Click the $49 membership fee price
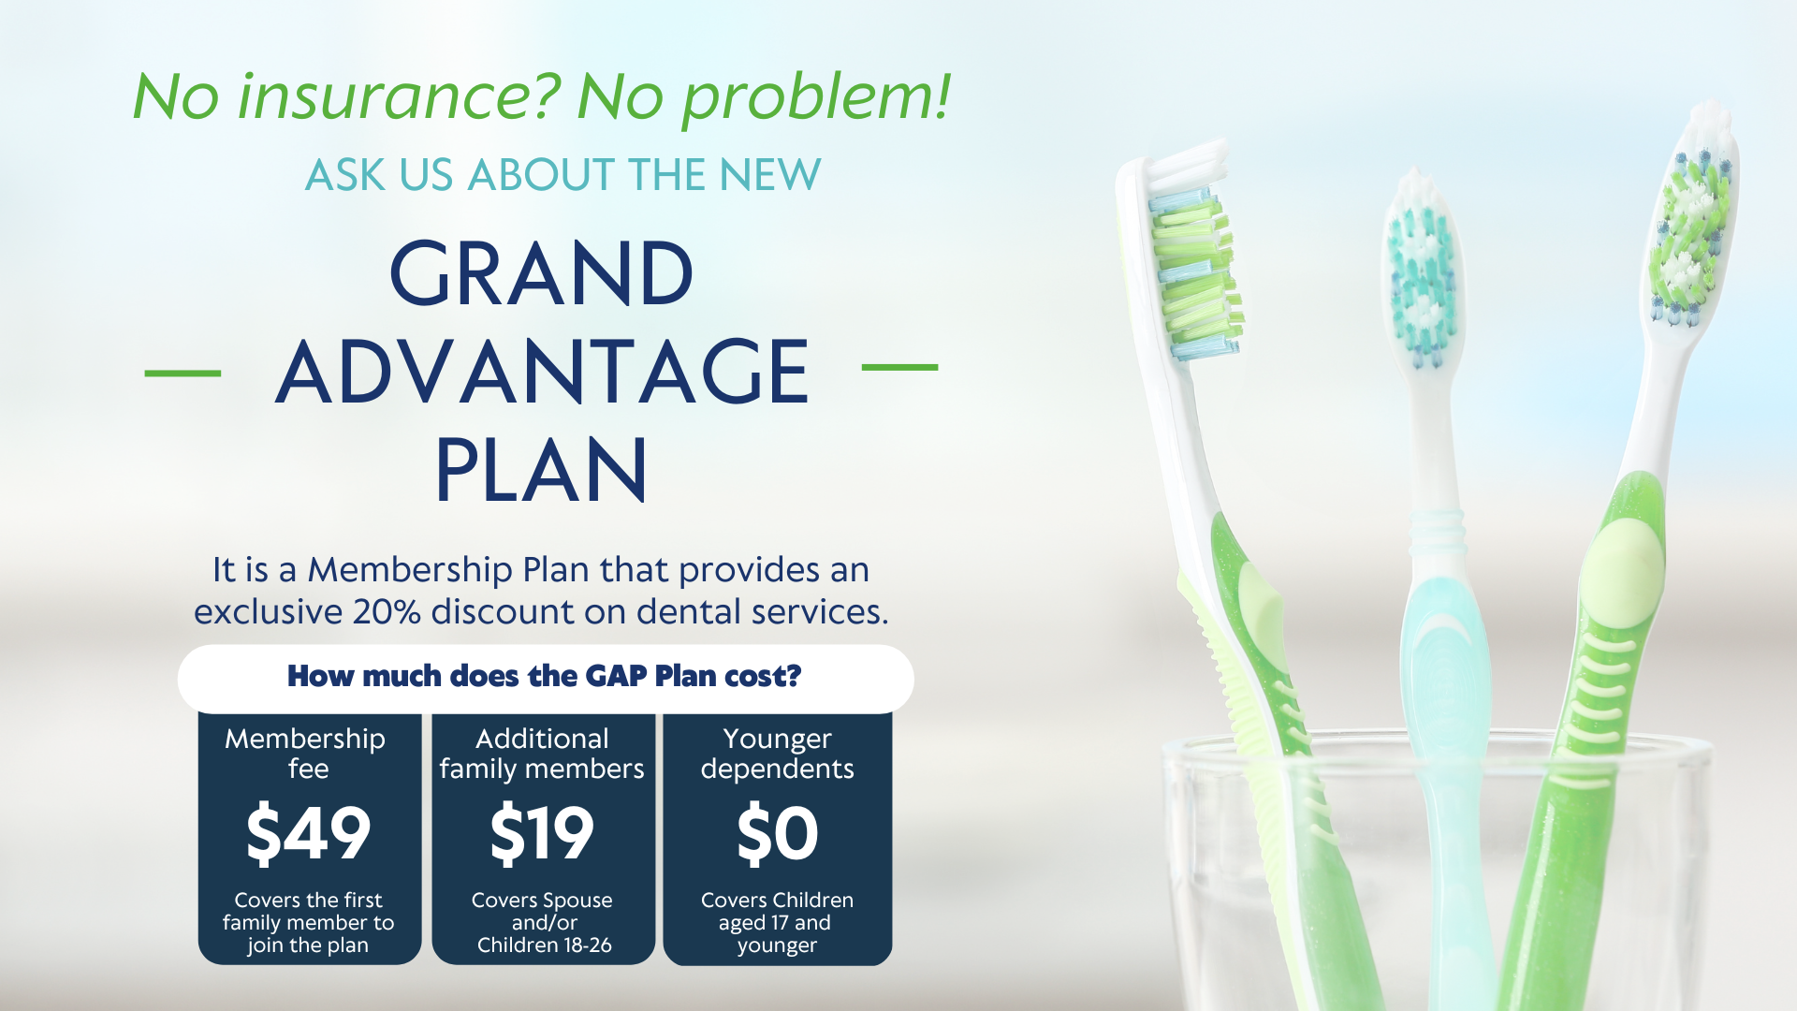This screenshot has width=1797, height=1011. click(308, 833)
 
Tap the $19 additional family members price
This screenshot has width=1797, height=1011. click(542, 833)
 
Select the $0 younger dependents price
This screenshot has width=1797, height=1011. click(777, 833)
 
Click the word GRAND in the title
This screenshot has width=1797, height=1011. click(541, 274)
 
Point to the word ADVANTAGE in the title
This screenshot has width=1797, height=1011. click(542, 373)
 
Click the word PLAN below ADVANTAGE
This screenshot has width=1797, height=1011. click(541, 470)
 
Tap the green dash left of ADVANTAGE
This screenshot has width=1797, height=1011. click(183, 373)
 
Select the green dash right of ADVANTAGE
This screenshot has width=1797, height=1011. click(899, 368)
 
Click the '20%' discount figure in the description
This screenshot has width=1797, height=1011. click(386, 612)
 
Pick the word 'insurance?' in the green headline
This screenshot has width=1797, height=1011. click(398, 96)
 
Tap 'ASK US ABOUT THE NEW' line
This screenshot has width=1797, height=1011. click(562, 175)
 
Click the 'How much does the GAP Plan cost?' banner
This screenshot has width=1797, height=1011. click(545, 677)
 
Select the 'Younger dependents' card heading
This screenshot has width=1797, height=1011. click(777, 754)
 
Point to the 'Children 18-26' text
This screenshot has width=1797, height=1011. click(544, 945)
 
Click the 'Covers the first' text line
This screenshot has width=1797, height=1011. click(308, 901)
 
